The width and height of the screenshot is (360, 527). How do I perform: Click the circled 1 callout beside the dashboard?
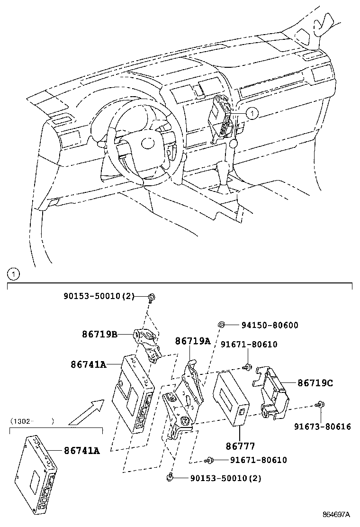[x=252, y=113]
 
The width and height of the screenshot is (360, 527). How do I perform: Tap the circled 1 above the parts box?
[x=13, y=274]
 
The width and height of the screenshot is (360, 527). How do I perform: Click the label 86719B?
[x=100, y=335]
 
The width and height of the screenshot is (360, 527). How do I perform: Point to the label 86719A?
[x=193, y=341]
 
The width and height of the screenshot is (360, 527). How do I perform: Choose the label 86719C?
[x=315, y=383]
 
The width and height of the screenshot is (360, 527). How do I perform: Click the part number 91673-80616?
[x=322, y=427]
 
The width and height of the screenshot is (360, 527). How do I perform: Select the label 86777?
[x=241, y=446]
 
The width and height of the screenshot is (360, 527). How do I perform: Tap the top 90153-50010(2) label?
[x=99, y=297]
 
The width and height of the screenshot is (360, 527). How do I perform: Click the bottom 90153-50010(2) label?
[x=226, y=479]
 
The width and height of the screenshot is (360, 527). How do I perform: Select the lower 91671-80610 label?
[x=258, y=460]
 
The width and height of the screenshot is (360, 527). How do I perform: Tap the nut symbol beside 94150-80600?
[x=221, y=324]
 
